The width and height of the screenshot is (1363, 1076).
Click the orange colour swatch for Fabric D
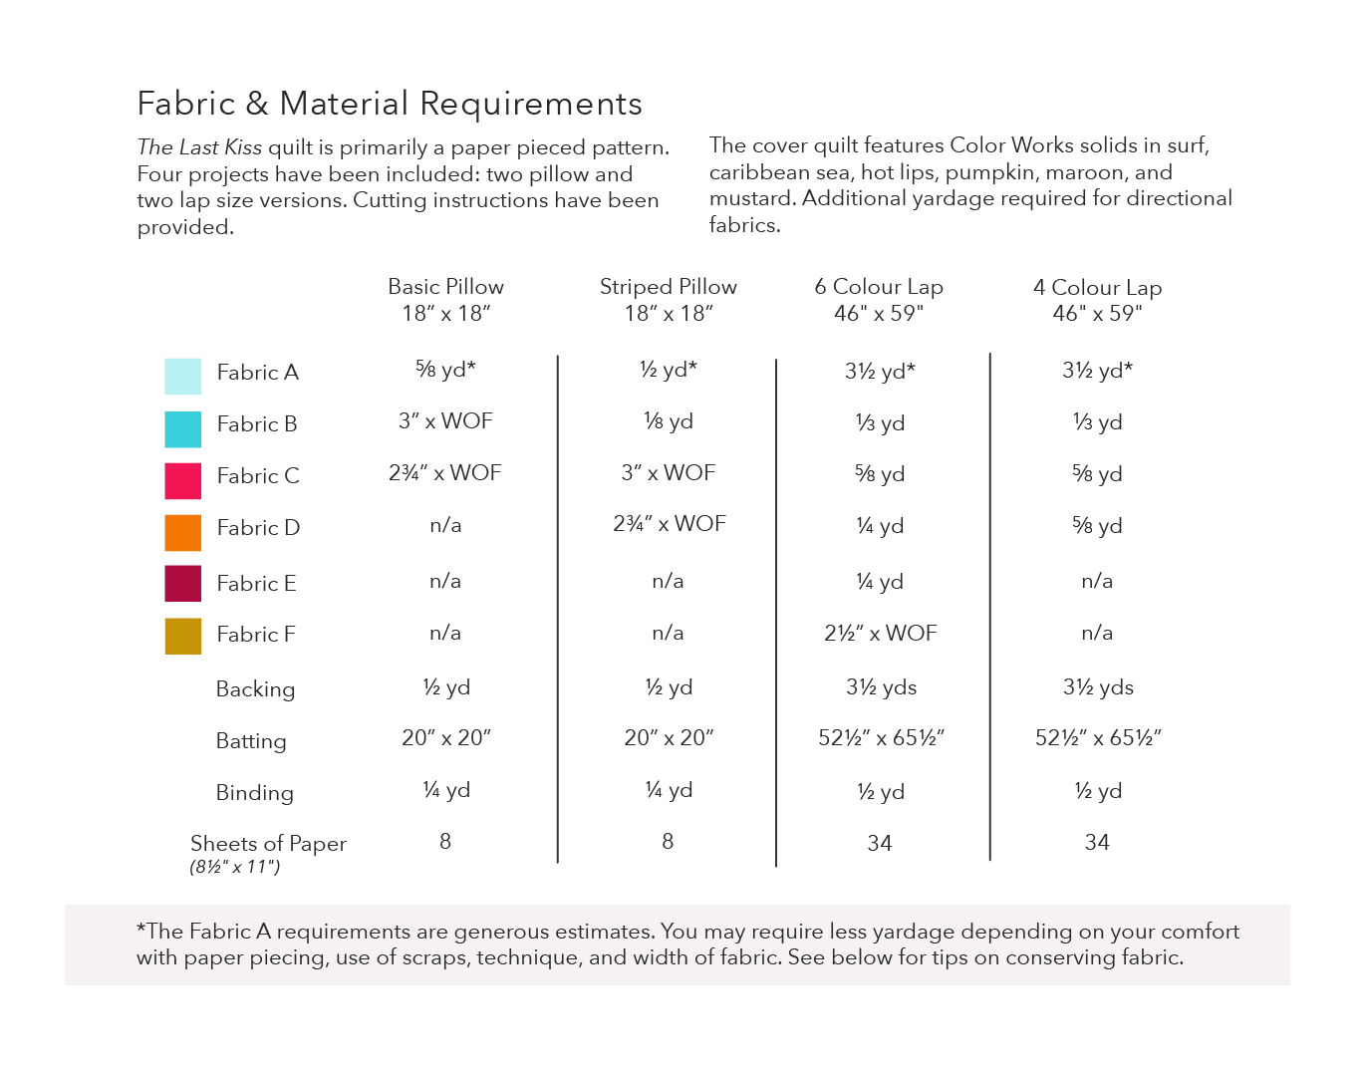182,532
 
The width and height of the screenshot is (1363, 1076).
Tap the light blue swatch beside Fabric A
182,377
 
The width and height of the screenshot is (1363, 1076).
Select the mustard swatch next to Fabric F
182,637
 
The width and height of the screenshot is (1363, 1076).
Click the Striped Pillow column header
669,300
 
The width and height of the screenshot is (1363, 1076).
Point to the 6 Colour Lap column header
879,300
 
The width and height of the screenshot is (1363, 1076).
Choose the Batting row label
251,741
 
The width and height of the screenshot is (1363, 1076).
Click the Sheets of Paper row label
268,844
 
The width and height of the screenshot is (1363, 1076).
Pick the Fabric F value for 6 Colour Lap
881,634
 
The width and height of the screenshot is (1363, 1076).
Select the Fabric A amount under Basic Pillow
445,370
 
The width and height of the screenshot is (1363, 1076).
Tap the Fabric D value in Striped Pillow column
670,524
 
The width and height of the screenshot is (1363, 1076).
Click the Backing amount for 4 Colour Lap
1098,687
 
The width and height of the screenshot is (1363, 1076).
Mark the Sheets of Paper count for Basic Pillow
445,842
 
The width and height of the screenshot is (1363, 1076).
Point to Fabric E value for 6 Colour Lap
880,582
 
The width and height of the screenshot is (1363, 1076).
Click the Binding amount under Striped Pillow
669,791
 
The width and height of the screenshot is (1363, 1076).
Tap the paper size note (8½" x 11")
235,868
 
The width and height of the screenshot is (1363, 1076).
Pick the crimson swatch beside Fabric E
182,584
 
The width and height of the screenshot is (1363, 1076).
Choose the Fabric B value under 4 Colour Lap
1098,422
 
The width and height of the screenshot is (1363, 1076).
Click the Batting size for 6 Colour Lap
881,738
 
